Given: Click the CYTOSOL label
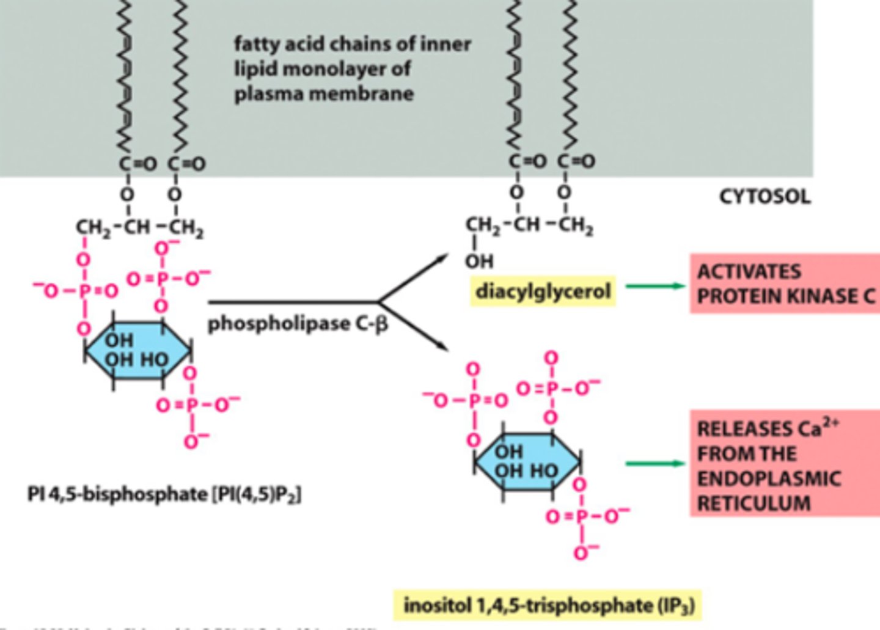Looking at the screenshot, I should coord(765,197).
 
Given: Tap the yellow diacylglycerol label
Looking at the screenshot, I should coord(543,291).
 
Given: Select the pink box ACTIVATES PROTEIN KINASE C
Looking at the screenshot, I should coord(785,284).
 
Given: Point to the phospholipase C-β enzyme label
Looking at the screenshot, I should coord(298,323).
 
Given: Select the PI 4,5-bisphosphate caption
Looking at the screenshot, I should coord(164,494).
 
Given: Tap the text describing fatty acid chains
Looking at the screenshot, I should coord(352,68).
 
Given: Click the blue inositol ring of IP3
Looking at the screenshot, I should coord(527,462).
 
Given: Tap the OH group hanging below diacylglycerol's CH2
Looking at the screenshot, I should coord(479,262).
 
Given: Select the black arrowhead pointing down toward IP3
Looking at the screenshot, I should coord(441,346).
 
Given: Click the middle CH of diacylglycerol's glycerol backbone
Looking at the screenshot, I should coord(527,225).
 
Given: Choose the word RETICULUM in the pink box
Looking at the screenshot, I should coord(754,504).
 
